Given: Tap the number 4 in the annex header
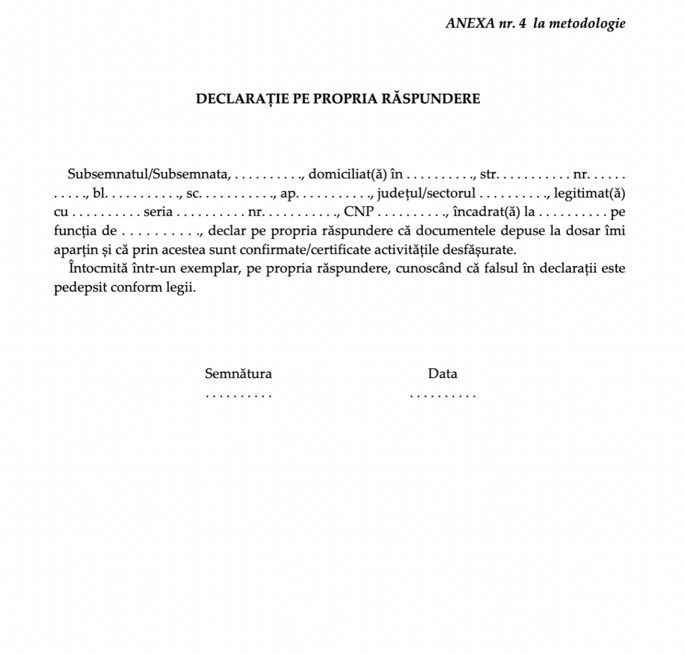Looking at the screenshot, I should coord(522,23).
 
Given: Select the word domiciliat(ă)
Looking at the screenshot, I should coord(348,174).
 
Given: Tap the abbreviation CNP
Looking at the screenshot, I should coord(358,212).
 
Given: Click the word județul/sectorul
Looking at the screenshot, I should coord(426,193).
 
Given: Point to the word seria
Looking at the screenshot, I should coord(158,212).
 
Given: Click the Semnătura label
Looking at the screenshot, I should coord(238,373).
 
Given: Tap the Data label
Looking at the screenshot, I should coord(442,373).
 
